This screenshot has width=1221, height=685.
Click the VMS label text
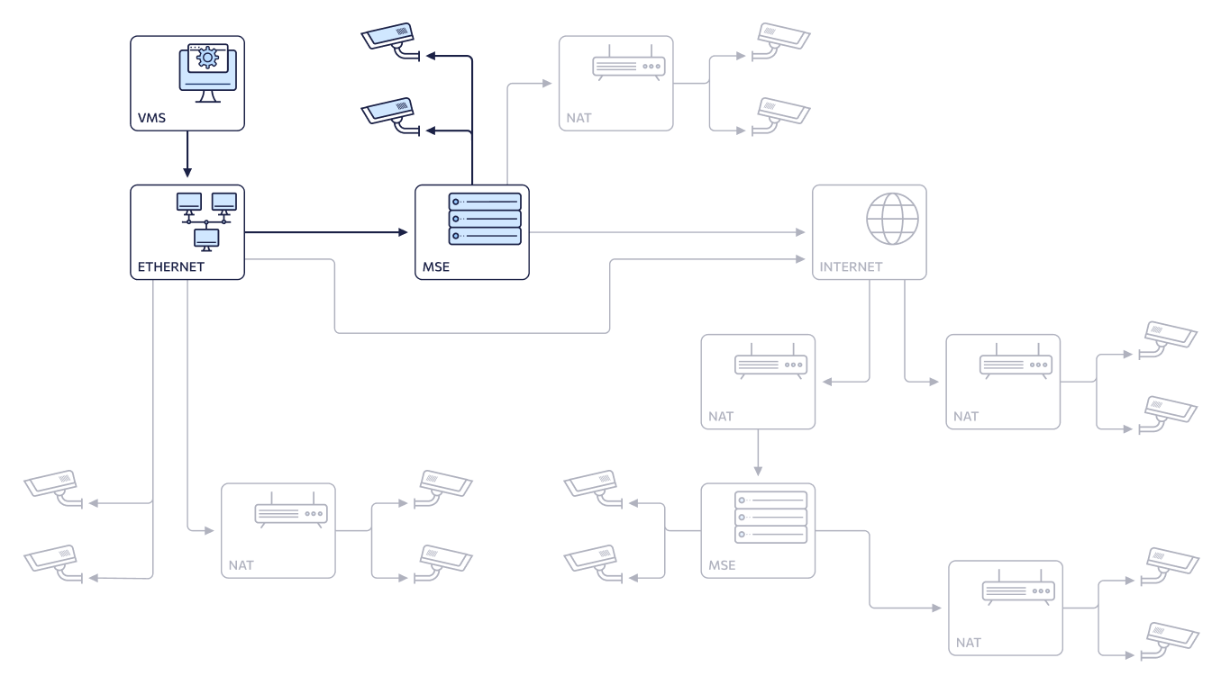tap(151, 118)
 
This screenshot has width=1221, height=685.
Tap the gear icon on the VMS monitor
tap(207, 58)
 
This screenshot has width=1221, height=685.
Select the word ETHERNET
tap(170, 266)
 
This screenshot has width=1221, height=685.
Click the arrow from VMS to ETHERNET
tap(187, 154)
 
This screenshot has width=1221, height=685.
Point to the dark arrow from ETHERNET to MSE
tap(326, 232)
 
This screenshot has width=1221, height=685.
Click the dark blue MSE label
tap(436, 266)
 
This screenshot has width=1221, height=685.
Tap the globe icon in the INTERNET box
tap(892, 219)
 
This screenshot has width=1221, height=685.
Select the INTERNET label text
tap(851, 266)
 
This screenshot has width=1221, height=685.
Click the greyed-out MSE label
tap(722, 565)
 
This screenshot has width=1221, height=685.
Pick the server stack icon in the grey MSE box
tap(770, 518)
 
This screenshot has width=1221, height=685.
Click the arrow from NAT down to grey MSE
tap(758, 453)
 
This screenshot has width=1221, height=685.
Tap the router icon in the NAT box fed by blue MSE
tap(629, 63)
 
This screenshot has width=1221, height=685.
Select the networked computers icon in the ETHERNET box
tap(206, 221)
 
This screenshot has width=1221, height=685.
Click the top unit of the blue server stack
tap(485, 202)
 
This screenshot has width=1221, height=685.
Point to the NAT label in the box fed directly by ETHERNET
tap(241, 565)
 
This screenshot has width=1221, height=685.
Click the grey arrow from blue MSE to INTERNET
tap(667, 232)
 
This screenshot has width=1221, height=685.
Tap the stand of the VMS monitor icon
tap(207, 96)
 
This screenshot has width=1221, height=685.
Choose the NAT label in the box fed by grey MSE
tap(968, 643)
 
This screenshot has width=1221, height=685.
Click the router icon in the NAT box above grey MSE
tap(770, 362)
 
